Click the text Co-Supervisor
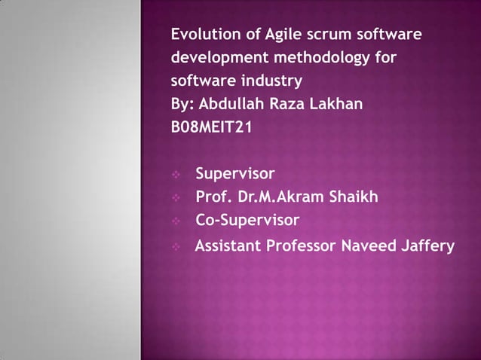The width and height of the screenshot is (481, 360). click(247, 221)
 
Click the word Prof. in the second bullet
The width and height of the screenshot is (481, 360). click(212, 198)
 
